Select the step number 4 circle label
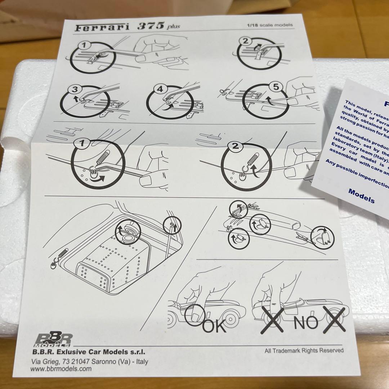[x=159, y=89]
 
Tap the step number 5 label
[x=275, y=87]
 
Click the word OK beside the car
[x=215, y=326]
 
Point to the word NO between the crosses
[x=306, y=323]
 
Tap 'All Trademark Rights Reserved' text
[x=304, y=350]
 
